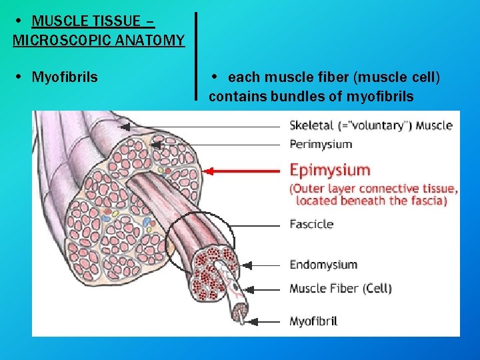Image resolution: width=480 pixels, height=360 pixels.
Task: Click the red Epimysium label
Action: tap(329, 171)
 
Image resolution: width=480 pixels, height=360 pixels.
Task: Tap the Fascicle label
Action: tap(311, 224)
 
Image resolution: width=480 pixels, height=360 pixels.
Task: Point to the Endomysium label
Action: tap(323, 265)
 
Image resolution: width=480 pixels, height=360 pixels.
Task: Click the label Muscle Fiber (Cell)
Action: tap(340, 289)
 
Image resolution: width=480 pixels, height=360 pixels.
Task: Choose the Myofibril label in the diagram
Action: tap(313, 321)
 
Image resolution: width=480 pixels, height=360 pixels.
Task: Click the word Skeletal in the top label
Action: tap(311, 125)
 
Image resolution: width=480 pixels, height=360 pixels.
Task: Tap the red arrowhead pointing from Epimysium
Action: tap(207, 171)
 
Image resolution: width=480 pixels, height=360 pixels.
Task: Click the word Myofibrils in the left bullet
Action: tap(65, 77)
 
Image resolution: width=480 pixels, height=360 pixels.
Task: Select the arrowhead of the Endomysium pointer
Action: tap(234, 265)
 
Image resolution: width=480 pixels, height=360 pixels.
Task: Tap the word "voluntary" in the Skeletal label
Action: tap(379, 125)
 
